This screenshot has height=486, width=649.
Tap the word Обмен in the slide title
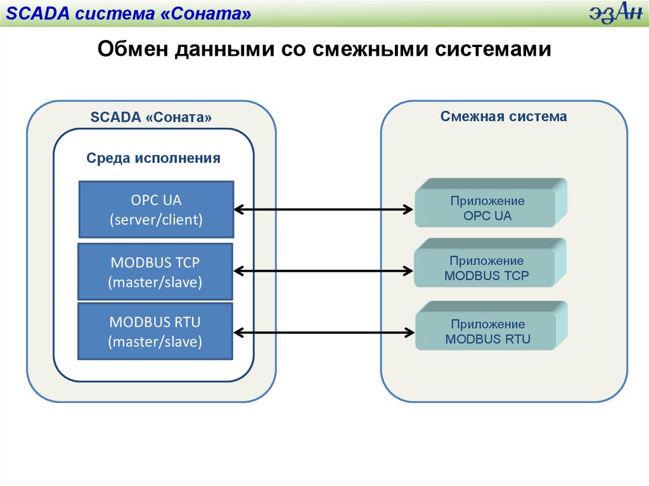tap(131, 49)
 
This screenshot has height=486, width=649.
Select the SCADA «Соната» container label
tap(151, 117)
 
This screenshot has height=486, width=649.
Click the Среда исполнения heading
tap(153, 158)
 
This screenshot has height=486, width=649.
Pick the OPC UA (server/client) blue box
tap(156, 209)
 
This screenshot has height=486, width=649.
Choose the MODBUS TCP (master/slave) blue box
tap(155, 272)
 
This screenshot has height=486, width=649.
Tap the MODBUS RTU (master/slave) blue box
tap(155, 332)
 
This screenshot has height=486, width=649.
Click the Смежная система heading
tap(504, 117)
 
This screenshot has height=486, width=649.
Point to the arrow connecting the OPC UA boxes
tap(323, 208)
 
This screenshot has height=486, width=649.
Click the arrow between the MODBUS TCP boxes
tap(323, 271)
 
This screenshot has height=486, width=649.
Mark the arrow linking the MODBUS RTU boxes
tap(323, 331)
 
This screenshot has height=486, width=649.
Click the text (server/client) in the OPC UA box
tap(156, 220)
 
